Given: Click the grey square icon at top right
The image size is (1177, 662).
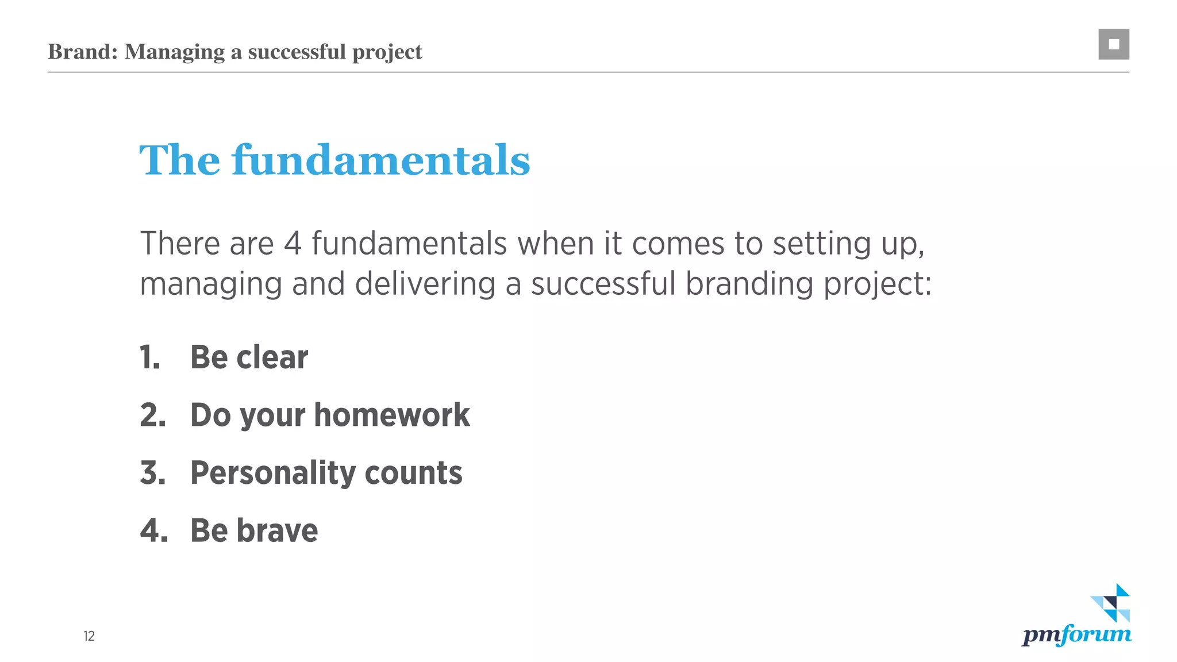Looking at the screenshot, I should pyautogui.click(x=1113, y=44).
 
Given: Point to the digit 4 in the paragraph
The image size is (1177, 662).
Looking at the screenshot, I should pyautogui.click(x=293, y=244).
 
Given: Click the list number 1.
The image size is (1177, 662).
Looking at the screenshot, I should pyautogui.click(x=149, y=357).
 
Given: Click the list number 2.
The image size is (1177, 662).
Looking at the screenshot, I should pyautogui.click(x=152, y=415).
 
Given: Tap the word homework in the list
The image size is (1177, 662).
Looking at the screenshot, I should pyautogui.click(x=392, y=415).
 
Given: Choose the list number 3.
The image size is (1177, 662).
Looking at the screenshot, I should pyautogui.click(x=152, y=473).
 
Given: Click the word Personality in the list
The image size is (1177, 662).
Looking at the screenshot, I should pyautogui.click(x=272, y=473).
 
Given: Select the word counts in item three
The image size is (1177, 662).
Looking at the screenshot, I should pyautogui.click(x=413, y=473).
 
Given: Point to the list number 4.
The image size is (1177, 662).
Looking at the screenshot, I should pyautogui.click(x=153, y=530).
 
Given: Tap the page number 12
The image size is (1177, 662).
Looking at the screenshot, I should pyautogui.click(x=89, y=636).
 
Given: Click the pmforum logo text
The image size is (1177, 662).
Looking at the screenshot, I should pyautogui.click(x=1076, y=634).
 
